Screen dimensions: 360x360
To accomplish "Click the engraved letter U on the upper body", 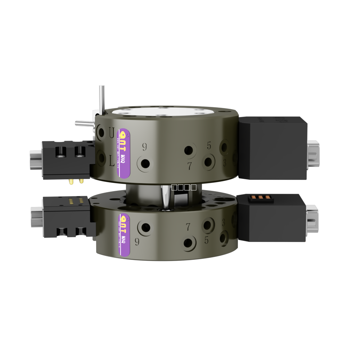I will tap(112, 133).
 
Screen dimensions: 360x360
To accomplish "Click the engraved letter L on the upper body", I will tap(112, 161).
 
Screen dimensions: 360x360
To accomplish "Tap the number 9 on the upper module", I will tap(144, 147).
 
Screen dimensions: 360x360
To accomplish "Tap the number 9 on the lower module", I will tap(137, 242).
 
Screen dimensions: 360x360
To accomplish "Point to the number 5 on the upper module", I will tap(209, 146).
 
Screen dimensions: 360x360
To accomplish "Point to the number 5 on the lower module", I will tap(206, 240).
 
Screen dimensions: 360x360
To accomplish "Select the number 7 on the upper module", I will tap(189, 166).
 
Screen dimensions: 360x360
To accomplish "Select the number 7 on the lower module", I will tap(188, 227).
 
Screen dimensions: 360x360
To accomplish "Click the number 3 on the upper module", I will tap(225, 163).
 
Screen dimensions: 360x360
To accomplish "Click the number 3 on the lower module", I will tap(223, 223).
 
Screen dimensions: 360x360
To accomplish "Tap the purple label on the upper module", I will tap(123, 153).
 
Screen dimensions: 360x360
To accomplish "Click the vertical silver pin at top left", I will tap(102, 99).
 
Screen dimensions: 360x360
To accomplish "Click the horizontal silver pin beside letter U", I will tap(84, 123).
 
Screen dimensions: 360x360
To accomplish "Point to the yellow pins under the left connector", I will tap(76, 181).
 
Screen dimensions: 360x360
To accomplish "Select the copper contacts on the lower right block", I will tap(261, 197).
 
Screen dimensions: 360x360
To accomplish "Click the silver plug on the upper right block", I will tap(312, 154).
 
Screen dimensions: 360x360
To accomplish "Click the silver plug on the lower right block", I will tap(311, 219).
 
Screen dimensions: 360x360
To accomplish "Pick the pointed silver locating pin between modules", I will tap(166, 197).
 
